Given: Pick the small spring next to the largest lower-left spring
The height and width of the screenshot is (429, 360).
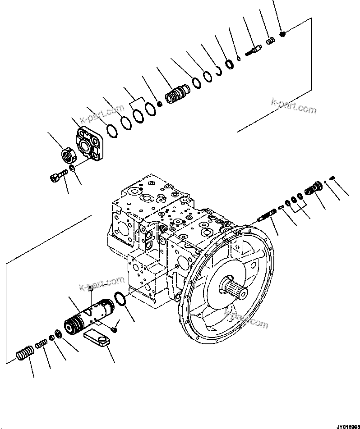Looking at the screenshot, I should (42, 344).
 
